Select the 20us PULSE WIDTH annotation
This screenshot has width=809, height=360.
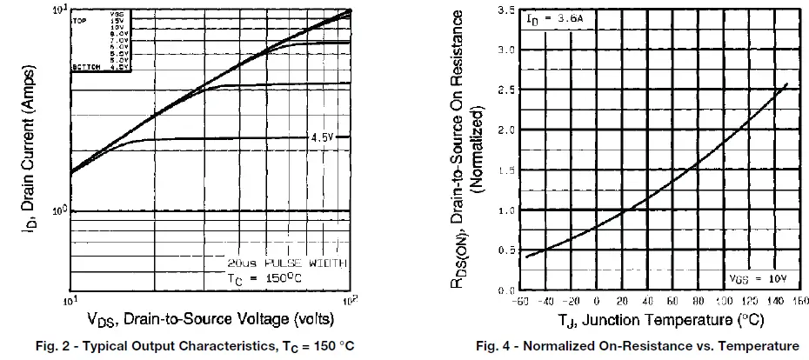tap(286, 262)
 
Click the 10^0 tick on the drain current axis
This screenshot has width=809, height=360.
tap(57, 210)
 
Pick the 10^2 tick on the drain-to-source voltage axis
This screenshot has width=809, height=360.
tap(349, 301)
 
